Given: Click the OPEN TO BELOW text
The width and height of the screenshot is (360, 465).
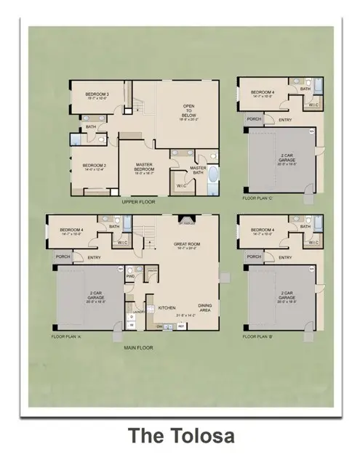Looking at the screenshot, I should [x=188, y=112].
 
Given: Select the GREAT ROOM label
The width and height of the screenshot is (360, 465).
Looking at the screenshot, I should [x=188, y=245].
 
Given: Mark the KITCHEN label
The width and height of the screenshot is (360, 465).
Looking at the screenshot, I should [x=167, y=308].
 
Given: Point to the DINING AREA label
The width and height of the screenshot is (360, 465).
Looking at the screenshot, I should [x=205, y=307].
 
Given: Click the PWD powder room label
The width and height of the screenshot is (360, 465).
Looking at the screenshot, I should [x=132, y=276].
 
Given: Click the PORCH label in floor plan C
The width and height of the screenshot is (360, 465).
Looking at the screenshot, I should [x=254, y=118].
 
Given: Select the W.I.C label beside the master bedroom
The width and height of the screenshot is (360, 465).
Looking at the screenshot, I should [x=181, y=184].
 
